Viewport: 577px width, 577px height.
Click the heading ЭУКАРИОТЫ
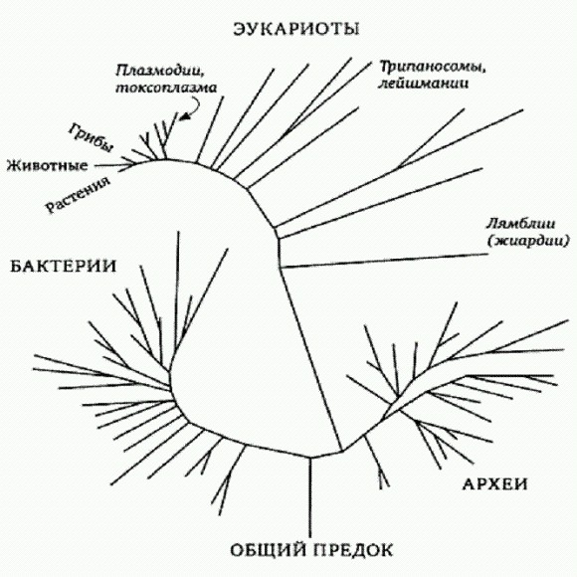296,29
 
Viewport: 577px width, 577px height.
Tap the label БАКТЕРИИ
64,266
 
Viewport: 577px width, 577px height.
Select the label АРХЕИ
494,483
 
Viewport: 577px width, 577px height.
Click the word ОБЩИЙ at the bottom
268,550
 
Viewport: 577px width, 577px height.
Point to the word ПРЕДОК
353,550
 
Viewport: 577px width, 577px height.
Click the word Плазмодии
160,71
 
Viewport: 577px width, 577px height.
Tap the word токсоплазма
166,88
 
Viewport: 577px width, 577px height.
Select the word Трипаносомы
433,67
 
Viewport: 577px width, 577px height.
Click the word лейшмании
424,84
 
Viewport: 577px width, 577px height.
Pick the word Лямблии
520,224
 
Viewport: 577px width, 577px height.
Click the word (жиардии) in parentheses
528,241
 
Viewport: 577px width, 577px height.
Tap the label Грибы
92,137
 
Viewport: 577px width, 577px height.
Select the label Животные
48,165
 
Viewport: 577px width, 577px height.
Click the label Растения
78,195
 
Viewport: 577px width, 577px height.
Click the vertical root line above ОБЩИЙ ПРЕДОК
310,497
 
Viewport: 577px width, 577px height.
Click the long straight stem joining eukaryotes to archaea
311,358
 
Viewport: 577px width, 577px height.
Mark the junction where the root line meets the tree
310,458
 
